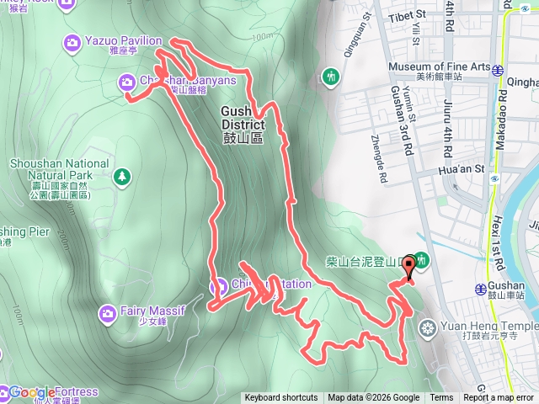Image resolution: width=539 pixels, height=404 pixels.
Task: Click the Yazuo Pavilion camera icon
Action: [72, 41]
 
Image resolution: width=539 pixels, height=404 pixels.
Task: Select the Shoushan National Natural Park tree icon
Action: [123, 176]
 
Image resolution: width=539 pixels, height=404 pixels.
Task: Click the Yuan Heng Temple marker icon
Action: [428, 327]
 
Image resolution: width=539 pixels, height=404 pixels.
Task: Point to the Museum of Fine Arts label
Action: [437, 66]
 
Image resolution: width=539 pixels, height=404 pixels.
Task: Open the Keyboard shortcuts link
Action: [280, 398]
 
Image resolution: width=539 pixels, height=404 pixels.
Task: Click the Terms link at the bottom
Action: [441, 398]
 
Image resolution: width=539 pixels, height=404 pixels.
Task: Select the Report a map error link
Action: [499, 398]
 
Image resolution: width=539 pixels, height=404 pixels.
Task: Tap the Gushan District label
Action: [244, 124]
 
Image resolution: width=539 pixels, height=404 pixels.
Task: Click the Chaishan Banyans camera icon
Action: [126, 81]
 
